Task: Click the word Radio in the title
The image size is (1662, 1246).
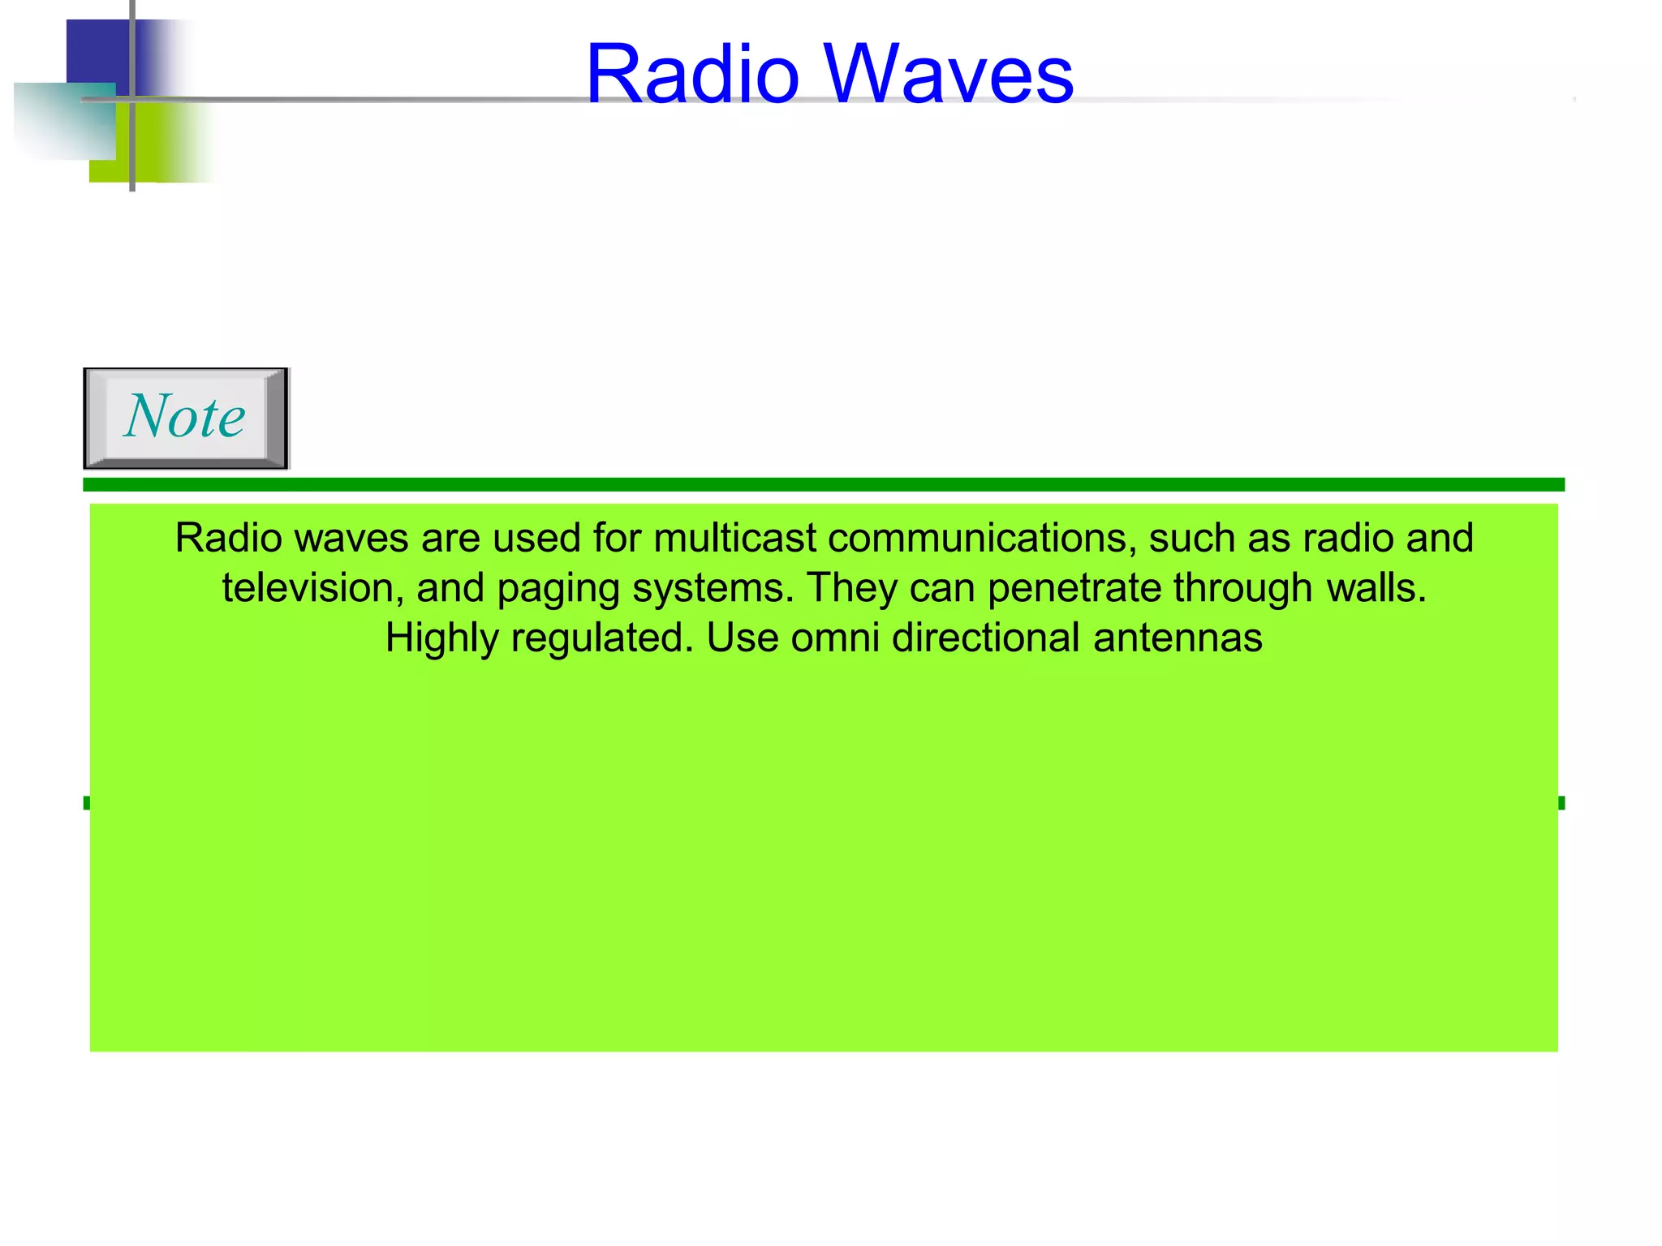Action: tap(693, 75)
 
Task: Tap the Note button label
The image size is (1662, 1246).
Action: tap(185, 417)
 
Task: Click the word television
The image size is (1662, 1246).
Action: tap(312, 588)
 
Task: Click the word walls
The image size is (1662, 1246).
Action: tap(1376, 588)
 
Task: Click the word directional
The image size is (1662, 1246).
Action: tap(986, 638)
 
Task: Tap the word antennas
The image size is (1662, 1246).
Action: tap(1178, 638)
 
